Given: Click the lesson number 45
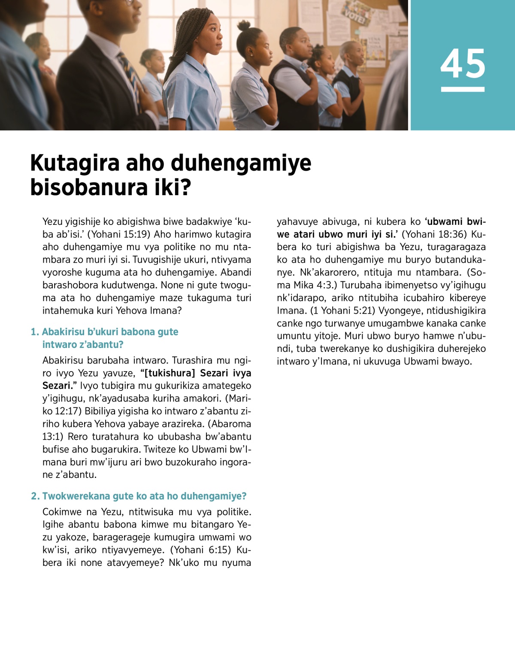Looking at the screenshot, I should (x=463, y=64).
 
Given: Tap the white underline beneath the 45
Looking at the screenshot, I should (x=463, y=89).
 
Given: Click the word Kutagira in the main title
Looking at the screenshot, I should (x=75, y=163).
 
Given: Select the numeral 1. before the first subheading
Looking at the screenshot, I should (x=35, y=332).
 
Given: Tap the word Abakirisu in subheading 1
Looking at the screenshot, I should (x=63, y=332).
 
